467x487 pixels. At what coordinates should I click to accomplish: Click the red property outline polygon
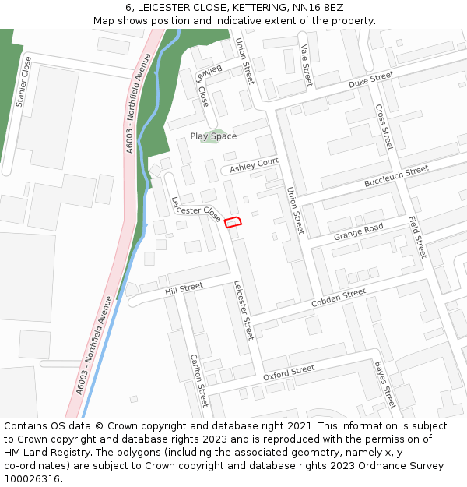[233, 223]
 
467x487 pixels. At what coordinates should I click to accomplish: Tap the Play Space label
[213, 136]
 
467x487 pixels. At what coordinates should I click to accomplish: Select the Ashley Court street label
[254, 164]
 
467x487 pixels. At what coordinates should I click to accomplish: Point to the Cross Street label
[384, 128]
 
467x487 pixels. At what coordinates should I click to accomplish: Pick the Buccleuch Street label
[396, 176]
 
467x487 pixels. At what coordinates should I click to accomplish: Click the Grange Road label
[359, 231]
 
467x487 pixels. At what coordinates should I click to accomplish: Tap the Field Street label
[418, 237]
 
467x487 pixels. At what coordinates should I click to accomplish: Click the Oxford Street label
[289, 372]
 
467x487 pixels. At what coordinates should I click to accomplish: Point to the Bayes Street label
[385, 384]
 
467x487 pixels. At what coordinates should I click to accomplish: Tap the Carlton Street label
[199, 380]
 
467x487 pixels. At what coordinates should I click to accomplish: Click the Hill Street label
[184, 289]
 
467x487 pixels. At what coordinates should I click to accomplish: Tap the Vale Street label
[305, 65]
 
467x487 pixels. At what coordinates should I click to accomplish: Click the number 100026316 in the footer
[33, 478]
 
